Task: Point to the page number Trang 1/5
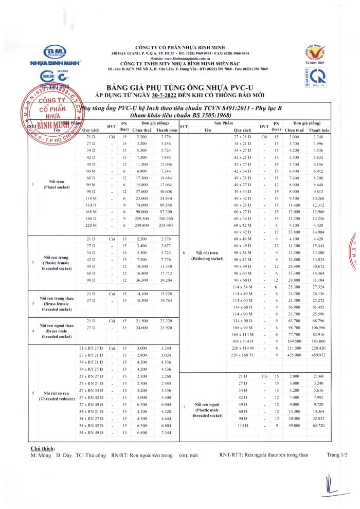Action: click(x=337, y=455)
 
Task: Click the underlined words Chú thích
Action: click(x=43, y=448)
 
